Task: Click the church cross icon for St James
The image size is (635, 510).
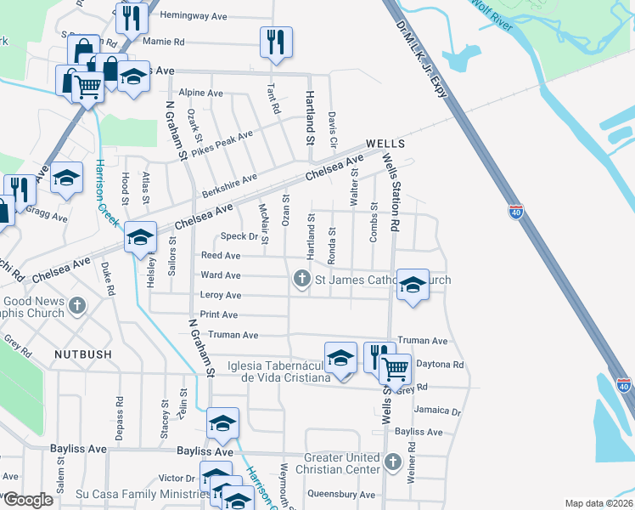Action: point(301,278)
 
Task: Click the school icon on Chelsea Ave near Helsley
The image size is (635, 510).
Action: point(140,237)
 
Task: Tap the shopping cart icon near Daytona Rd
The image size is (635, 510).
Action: point(395,369)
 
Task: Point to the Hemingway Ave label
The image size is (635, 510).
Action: point(189,15)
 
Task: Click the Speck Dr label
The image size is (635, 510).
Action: point(239,236)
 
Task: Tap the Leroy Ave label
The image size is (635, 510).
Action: point(221,295)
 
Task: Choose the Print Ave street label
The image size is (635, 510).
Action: point(218,314)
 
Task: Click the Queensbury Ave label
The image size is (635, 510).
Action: point(341,494)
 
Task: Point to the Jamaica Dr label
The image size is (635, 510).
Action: point(437,410)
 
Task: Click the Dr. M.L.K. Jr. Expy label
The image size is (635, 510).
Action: point(420,60)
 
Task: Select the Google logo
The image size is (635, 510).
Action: point(28,500)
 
